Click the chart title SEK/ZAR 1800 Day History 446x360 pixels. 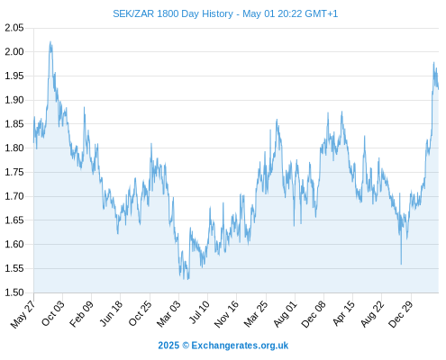click(x=173, y=13)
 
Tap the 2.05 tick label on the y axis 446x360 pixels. click(x=14, y=28)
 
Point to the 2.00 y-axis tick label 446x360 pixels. click(x=14, y=51)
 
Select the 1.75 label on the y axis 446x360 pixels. click(x=14, y=172)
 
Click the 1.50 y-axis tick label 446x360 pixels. click(x=14, y=292)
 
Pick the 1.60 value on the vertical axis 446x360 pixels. click(x=14, y=244)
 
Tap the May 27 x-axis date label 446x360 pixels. click(x=23, y=314)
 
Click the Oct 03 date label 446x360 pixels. click(x=53, y=313)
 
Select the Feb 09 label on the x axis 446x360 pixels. click(x=81, y=313)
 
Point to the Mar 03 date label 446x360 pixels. click(x=168, y=313)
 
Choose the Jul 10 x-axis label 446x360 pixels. click(x=199, y=312)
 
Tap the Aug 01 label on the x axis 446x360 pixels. click(x=286, y=313)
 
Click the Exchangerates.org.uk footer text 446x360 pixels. click(x=240, y=346)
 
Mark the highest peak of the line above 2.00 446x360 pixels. click(x=50, y=41)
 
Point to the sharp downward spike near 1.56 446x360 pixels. click(x=401, y=264)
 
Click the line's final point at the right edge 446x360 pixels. click(x=439, y=89)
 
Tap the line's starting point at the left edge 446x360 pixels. click(x=33, y=142)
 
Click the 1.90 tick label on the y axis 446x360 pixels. click(x=14, y=100)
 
